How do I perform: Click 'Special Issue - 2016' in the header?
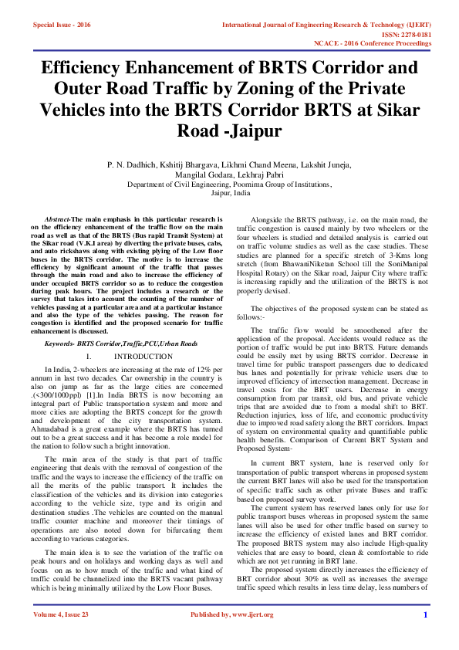click(x=62, y=25)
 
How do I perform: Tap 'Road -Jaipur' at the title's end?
click(x=229, y=128)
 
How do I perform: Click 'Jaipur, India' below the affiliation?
click(x=229, y=195)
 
